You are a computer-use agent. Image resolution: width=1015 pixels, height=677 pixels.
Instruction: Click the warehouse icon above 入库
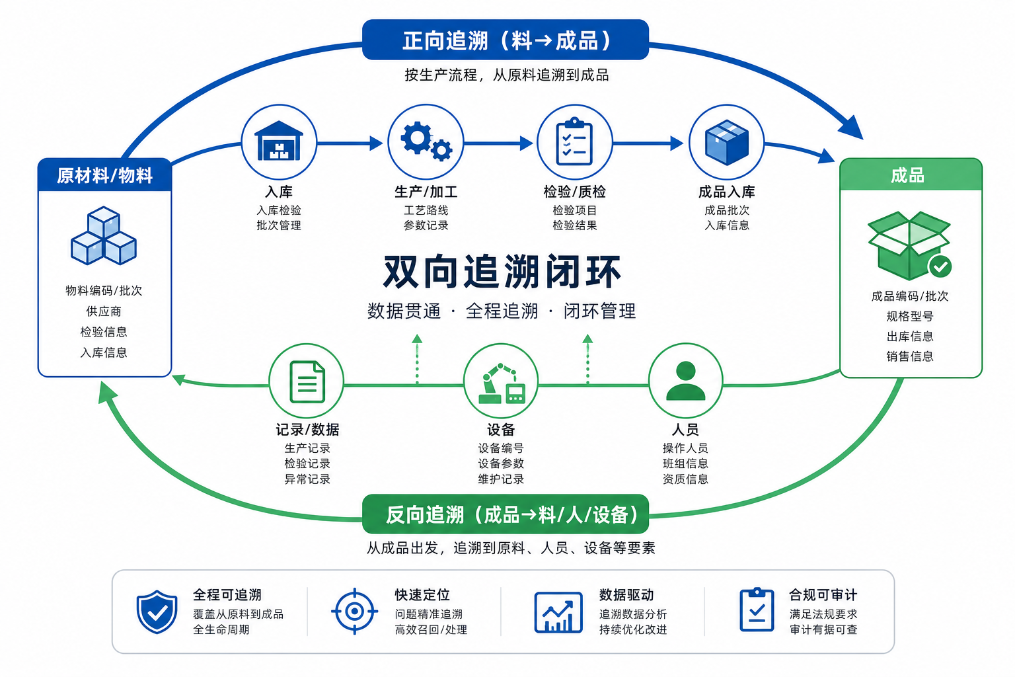(279, 141)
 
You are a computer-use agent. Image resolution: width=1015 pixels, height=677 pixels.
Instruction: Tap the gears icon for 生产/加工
(426, 141)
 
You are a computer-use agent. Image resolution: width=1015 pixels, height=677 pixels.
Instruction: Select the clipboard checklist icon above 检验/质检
(574, 141)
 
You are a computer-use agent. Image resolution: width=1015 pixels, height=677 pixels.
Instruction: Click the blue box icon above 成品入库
(726, 142)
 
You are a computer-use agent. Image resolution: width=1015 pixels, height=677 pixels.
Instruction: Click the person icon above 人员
(685, 380)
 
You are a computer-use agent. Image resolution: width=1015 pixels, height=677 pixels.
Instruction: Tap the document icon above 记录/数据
(307, 382)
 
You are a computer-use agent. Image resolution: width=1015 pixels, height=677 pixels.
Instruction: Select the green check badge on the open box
(940, 266)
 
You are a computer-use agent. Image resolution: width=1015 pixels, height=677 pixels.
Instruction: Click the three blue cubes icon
(104, 236)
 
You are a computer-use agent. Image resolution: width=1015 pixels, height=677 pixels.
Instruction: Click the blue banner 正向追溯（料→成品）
(506, 40)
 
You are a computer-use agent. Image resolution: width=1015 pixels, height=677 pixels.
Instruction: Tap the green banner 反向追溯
(506, 514)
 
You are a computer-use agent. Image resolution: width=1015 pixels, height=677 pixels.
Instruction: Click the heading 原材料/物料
(104, 175)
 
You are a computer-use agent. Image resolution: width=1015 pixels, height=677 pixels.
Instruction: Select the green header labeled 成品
(911, 175)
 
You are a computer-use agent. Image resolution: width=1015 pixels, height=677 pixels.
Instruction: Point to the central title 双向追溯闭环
(502, 272)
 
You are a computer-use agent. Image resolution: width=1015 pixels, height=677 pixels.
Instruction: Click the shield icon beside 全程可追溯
(157, 612)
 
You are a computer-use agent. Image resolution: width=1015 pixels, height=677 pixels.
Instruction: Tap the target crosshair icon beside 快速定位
(354, 612)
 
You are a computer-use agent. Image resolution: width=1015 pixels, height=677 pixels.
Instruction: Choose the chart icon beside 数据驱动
(558, 612)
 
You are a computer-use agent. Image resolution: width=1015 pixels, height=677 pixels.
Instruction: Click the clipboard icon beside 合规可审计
(757, 610)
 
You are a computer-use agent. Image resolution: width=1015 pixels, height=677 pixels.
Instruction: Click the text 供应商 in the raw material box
(104, 311)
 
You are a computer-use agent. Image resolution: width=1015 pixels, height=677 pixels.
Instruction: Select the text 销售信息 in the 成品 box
(910, 356)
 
